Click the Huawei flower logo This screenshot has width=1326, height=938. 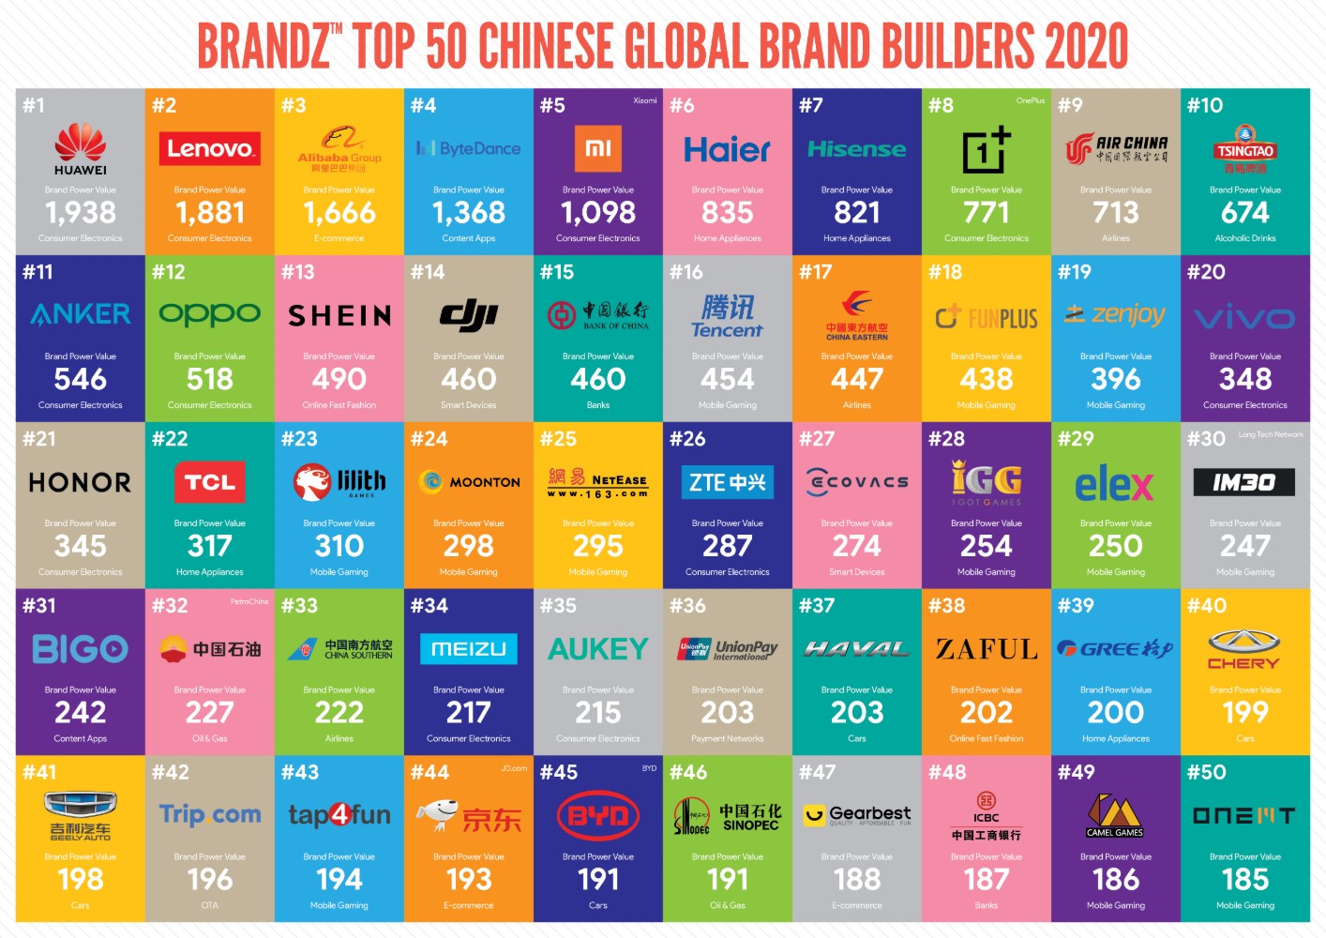click(81, 142)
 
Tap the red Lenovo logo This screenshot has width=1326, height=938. click(210, 148)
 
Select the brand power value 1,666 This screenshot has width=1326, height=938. click(339, 214)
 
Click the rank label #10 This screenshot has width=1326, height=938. click(1205, 105)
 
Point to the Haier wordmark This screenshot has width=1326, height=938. click(727, 150)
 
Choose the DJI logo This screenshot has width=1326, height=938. click(469, 316)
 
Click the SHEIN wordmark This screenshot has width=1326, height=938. click(339, 316)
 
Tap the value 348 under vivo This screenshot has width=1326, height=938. click(1245, 380)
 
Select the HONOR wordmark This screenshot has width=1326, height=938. click(81, 482)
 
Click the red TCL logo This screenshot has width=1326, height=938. click(210, 483)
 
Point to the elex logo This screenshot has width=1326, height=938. click(1115, 484)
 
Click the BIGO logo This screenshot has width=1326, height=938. click(81, 649)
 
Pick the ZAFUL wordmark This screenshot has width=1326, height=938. click(987, 649)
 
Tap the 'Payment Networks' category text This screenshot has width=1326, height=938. click(728, 739)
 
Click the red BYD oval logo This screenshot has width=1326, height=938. click(598, 816)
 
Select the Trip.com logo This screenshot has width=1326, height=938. click(210, 814)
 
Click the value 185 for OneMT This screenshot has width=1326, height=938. click(1245, 880)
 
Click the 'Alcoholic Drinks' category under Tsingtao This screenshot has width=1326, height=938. click(1245, 238)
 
